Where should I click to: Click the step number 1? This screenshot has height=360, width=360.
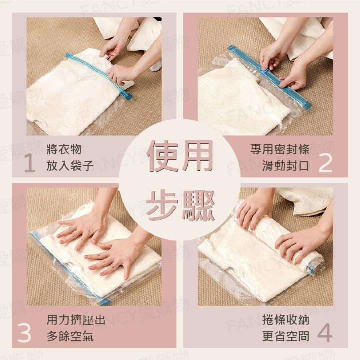tap(29, 163)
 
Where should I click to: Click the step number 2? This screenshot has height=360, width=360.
tap(325, 163)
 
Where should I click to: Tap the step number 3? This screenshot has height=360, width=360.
tap(24, 334)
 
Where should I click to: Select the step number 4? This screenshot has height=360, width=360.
tap(325, 334)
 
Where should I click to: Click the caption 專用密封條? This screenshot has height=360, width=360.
tap(280, 149)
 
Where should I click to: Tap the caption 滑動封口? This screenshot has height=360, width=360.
tap(286, 166)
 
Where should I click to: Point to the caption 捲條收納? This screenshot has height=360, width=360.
tap(286, 320)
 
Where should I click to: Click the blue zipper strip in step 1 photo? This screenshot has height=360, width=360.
tap(100, 75)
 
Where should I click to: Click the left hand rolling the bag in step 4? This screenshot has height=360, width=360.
tap(255, 210)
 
